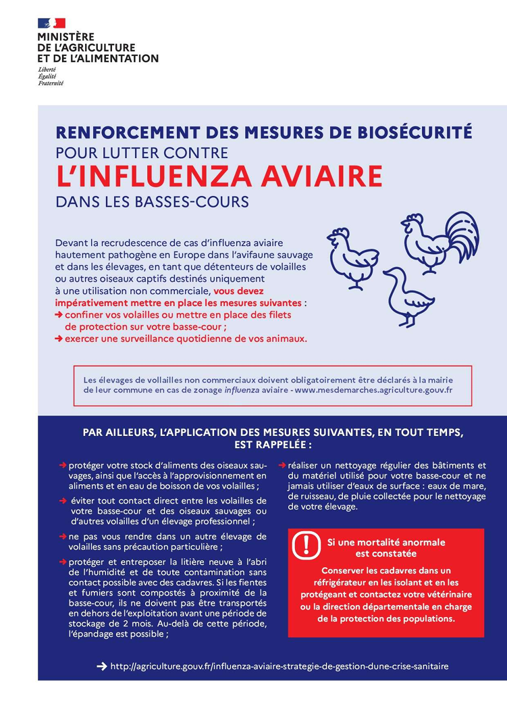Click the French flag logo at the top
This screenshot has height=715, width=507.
(51, 23)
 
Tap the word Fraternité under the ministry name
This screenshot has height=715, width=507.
(51, 83)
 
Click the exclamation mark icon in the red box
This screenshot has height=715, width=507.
(307, 545)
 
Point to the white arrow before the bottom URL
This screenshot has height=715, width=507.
(102, 666)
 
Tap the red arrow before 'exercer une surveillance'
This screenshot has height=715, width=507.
(59, 339)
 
